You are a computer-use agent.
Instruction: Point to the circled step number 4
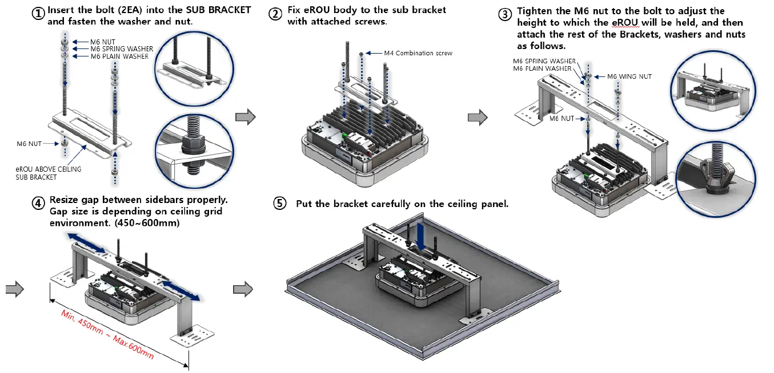point(38,203)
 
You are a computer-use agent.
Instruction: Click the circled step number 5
point(279,204)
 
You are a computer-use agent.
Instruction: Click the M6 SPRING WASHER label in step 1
point(122,49)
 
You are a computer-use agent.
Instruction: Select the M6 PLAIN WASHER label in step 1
point(119,56)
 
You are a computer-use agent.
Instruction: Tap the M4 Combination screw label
point(418,53)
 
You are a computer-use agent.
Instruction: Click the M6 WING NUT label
point(629,76)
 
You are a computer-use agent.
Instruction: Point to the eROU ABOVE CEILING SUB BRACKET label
point(49,173)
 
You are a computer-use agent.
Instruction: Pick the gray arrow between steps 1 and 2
point(245,117)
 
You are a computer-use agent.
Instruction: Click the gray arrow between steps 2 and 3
point(477,117)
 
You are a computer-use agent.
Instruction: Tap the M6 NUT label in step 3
point(562,119)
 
